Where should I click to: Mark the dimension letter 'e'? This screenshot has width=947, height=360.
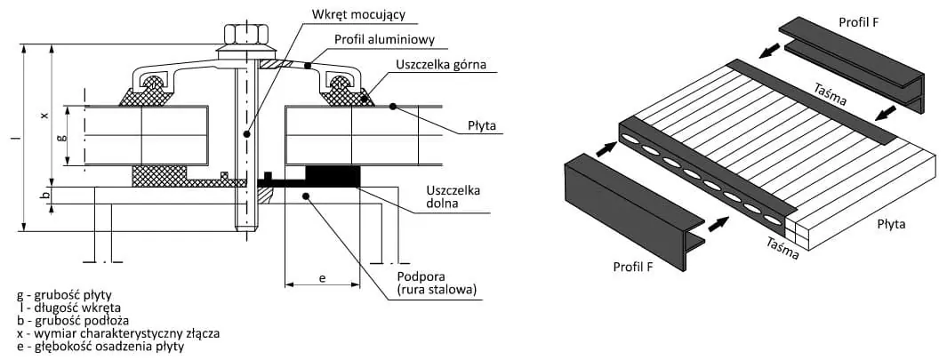pyautogui.click(x=321, y=277)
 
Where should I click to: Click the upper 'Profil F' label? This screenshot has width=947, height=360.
pyautogui.click(x=857, y=20)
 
